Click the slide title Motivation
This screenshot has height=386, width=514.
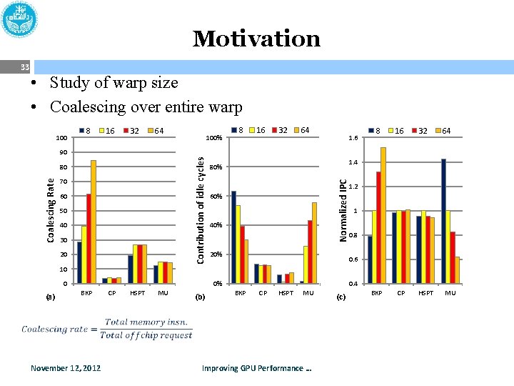pos(256,39)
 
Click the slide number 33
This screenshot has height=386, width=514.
pos(24,67)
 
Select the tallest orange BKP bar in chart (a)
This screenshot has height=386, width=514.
pos(94,222)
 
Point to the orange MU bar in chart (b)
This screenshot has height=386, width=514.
pos(315,243)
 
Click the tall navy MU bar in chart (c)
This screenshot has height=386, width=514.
pos(443,221)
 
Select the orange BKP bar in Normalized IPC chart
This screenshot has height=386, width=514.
pos(383,215)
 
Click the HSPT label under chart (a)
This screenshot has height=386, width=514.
pos(137,293)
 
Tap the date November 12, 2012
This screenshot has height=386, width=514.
pos(66,368)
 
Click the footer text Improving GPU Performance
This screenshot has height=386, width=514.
pos(257,368)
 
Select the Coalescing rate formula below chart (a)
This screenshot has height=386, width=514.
pos(107,329)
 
